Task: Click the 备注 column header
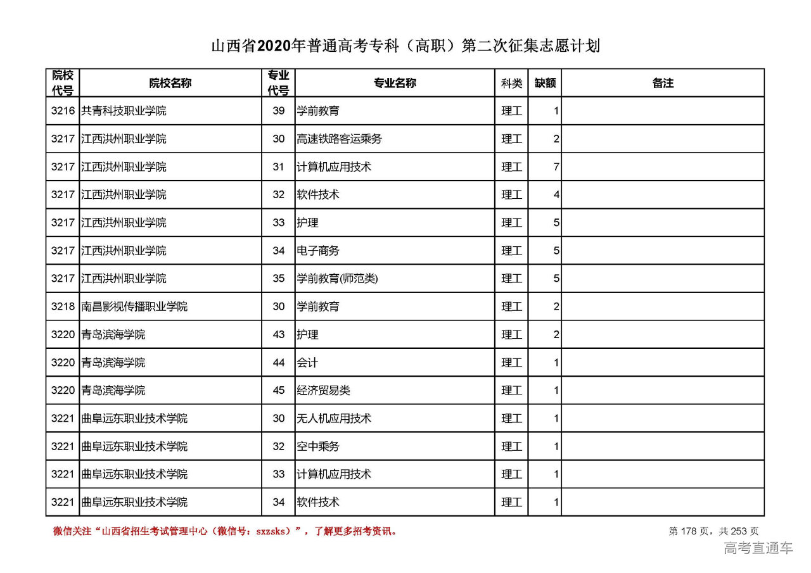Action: tap(663, 83)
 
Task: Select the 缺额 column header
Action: tap(545, 83)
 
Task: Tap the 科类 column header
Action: tap(511, 83)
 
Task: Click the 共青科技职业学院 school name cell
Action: tap(124, 111)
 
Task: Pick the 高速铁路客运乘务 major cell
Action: tap(340, 139)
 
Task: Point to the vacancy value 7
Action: tap(556, 167)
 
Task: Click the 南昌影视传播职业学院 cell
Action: tap(134, 306)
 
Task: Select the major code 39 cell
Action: tap(279, 111)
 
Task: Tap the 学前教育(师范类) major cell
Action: tap(338, 279)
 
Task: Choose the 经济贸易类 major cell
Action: tap(323, 390)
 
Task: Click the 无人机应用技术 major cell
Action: tap(334, 419)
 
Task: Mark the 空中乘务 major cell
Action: tap(318, 446)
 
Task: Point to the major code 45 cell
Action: tap(279, 390)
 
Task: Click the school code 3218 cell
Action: tap(63, 306)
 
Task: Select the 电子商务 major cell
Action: tap(318, 251)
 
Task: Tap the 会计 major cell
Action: tap(307, 362)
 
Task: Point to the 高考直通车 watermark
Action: tap(758, 548)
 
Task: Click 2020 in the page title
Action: tap(273, 46)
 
